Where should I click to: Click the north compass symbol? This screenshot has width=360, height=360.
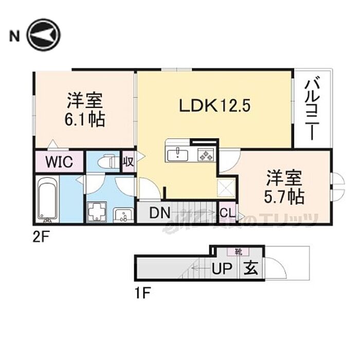pyautogui.click(x=44, y=35)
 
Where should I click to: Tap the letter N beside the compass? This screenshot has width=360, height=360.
pyautogui.click(x=14, y=36)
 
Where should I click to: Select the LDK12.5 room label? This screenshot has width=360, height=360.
pyautogui.click(x=214, y=105)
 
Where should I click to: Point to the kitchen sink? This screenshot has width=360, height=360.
pyautogui.click(x=178, y=153)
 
